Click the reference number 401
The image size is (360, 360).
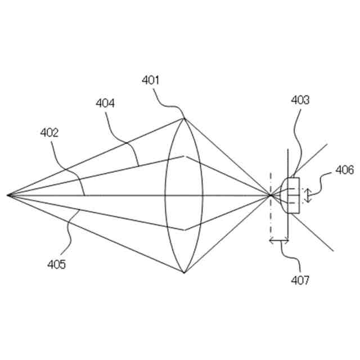pyautogui.click(x=151, y=80)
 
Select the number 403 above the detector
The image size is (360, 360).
pyautogui.click(x=300, y=100)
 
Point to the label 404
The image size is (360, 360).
pyautogui.click(x=105, y=103)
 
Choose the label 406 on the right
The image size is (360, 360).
pyautogui.click(x=344, y=169)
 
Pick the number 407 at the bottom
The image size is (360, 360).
pyautogui.click(x=299, y=278)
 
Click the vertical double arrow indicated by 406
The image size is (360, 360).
pyautogui.click(x=308, y=195)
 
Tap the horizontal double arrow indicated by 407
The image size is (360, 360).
pyautogui.click(x=279, y=241)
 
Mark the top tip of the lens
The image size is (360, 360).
pyautogui.click(x=184, y=118)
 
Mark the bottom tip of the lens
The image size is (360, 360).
pyautogui.click(x=184, y=273)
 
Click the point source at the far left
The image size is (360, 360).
pyautogui.click(x=8, y=195)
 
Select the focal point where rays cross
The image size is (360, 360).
pyautogui.click(x=271, y=195)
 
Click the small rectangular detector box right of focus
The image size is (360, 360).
pyautogui.click(x=294, y=195)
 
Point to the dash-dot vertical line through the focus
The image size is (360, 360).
pyautogui.click(x=271, y=225)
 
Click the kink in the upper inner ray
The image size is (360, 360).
pyautogui.click(x=184, y=156)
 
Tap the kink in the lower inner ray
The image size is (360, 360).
pyautogui.click(x=184, y=229)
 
